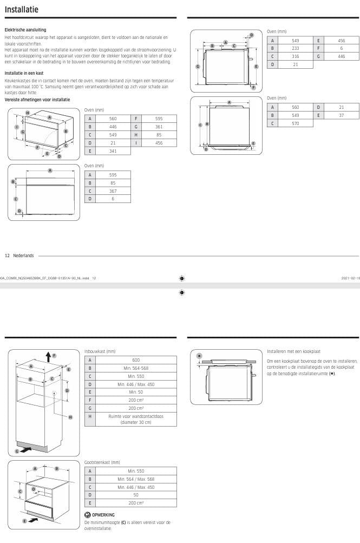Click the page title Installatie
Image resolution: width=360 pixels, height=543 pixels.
tap(21, 9)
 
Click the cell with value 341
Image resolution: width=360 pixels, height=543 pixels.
tap(113, 151)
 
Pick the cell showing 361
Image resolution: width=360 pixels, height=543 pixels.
tap(159, 126)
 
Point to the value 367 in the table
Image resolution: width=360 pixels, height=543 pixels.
tap(113, 191)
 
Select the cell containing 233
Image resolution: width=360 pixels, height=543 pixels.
tap(296, 48)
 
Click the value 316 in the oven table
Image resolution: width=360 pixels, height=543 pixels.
tap(296, 56)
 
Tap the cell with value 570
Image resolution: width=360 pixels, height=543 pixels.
tap(296, 123)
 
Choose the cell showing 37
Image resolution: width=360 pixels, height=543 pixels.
tap(341, 115)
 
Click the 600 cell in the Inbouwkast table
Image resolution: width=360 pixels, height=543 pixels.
tap(136, 359)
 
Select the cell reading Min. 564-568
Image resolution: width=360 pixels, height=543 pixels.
tap(136, 368)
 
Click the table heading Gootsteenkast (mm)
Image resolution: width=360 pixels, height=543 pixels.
tap(102, 462)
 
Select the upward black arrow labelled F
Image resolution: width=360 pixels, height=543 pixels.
tap(49, 356)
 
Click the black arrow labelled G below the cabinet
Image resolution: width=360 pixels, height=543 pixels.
tap(25, 449)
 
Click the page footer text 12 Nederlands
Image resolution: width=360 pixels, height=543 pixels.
tap(19, 255)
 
